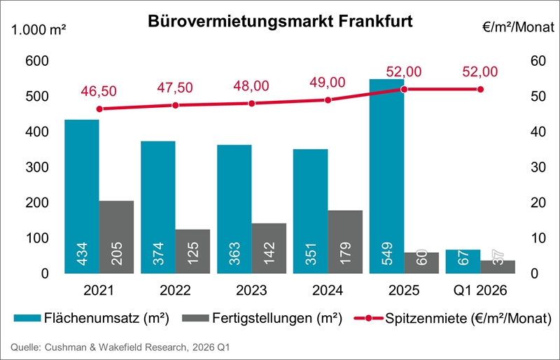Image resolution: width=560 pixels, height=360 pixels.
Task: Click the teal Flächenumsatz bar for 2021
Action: coord(81,196)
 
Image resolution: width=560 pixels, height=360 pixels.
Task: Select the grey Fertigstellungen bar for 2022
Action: coord(192,251)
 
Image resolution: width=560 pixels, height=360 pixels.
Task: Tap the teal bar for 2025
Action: coord(386,175)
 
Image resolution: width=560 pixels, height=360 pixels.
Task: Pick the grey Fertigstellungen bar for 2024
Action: coord(345,242)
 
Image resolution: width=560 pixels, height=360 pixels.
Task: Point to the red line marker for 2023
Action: coord(252,103)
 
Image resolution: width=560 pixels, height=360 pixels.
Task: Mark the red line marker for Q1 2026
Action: coord(480,89)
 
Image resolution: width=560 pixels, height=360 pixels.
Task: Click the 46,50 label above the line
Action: coord(99,91)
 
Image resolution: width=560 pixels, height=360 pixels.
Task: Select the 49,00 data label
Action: coord(328,83)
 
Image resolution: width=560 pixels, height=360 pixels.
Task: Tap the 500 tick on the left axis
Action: coord(36,97)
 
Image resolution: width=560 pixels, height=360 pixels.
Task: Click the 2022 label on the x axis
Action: coord(176,290)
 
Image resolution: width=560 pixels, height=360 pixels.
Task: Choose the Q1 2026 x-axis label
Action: coord(480,290)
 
